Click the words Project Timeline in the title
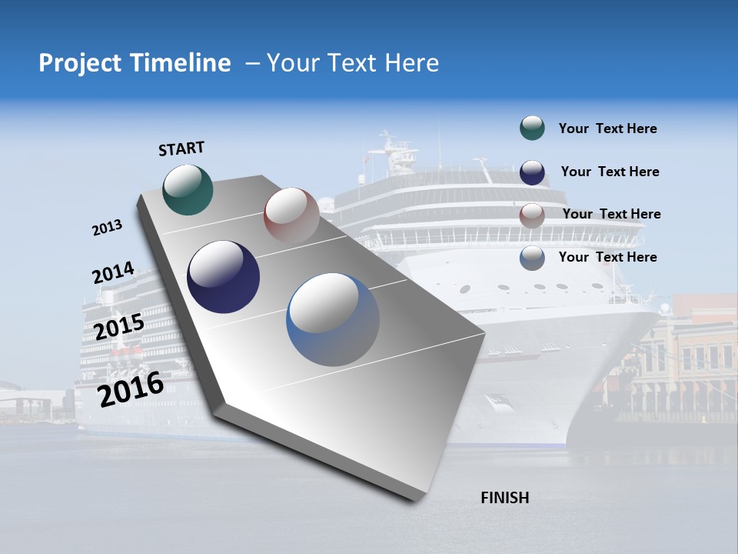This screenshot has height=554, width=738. point(135,63)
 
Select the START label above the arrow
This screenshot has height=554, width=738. point(181,149)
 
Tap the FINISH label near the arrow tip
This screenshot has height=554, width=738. point(505,498)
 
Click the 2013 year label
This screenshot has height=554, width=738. point(107,228)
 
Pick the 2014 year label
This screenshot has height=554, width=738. point(114,273)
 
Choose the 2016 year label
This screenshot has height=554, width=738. point(131,389)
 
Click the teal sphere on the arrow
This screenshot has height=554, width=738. point(188,190)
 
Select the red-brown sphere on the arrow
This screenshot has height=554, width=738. point(291,215)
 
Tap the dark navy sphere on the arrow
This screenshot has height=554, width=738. point(224,277)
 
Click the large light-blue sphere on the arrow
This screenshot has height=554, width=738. point(333,319)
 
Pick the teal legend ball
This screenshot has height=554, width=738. point(532,128)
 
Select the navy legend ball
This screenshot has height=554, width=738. point(532,172)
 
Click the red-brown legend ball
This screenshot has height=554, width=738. point(532,215)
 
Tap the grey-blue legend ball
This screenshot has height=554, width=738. point(532,258)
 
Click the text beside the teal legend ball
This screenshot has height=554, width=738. point(607,129)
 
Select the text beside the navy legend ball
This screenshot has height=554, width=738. point(610,172)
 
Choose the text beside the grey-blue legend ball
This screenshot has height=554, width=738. point(607,257)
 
